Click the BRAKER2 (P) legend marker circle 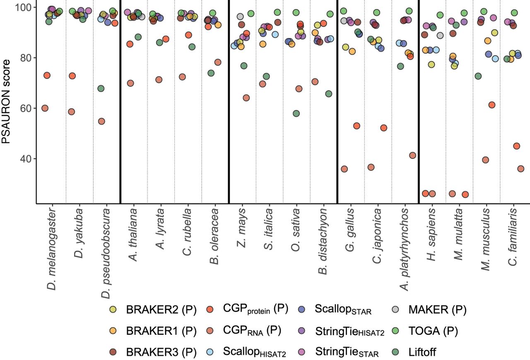click(x=113, y=310)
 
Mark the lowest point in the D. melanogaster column click(x=45, y=108)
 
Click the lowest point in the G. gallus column click(x=344, y=169)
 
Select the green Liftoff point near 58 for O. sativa click(x=296, y=113)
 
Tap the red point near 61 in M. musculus click(x=492, y=105)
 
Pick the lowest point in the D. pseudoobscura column click(x=101, y=121)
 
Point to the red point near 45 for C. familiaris click(x=516, y=146)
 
